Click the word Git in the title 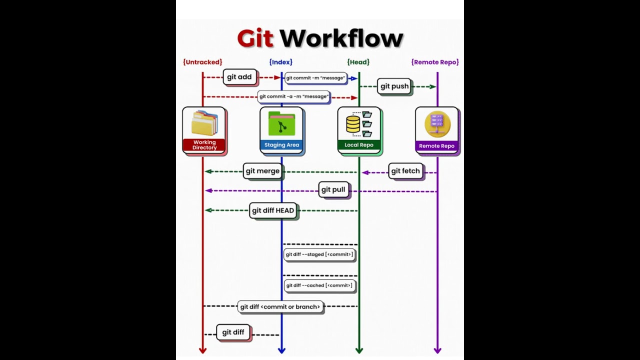pyautogui.click(x=255, y=38)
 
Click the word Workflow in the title pyautogui.click(x=341, y=38)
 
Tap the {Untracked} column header pyautogui.click(x=202, y=62)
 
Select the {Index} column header pyautogui.click(x=280, y=62)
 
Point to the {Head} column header pyautogui.click(x=358, y=62)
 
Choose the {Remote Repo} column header pyautogui.click(x=435, y=62)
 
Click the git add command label pyautogui.click(x=239, y=77)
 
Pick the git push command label pyautogui.click(x=394, y=86)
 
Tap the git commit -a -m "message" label pyautogui.click(x=294, y=96)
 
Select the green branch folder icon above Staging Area pyautogui.click(x=281, y=124)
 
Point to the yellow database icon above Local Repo pyautogui.click(x=353, y=124)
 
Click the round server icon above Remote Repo pyautogui.click(x=437, y=124)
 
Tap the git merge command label pyautogui.click(x=262, y=171)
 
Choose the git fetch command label pyautogui.click(x=405, y=171)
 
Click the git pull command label pyautogui.click(x=333, y=190)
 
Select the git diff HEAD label pyautogui.click(x=273, y=210)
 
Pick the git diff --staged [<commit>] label pyautogui.click(x=319, y=254)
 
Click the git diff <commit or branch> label pyautogui.click(x=280, y=307)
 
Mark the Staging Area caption pyautogui.click(x=281, y=145)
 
